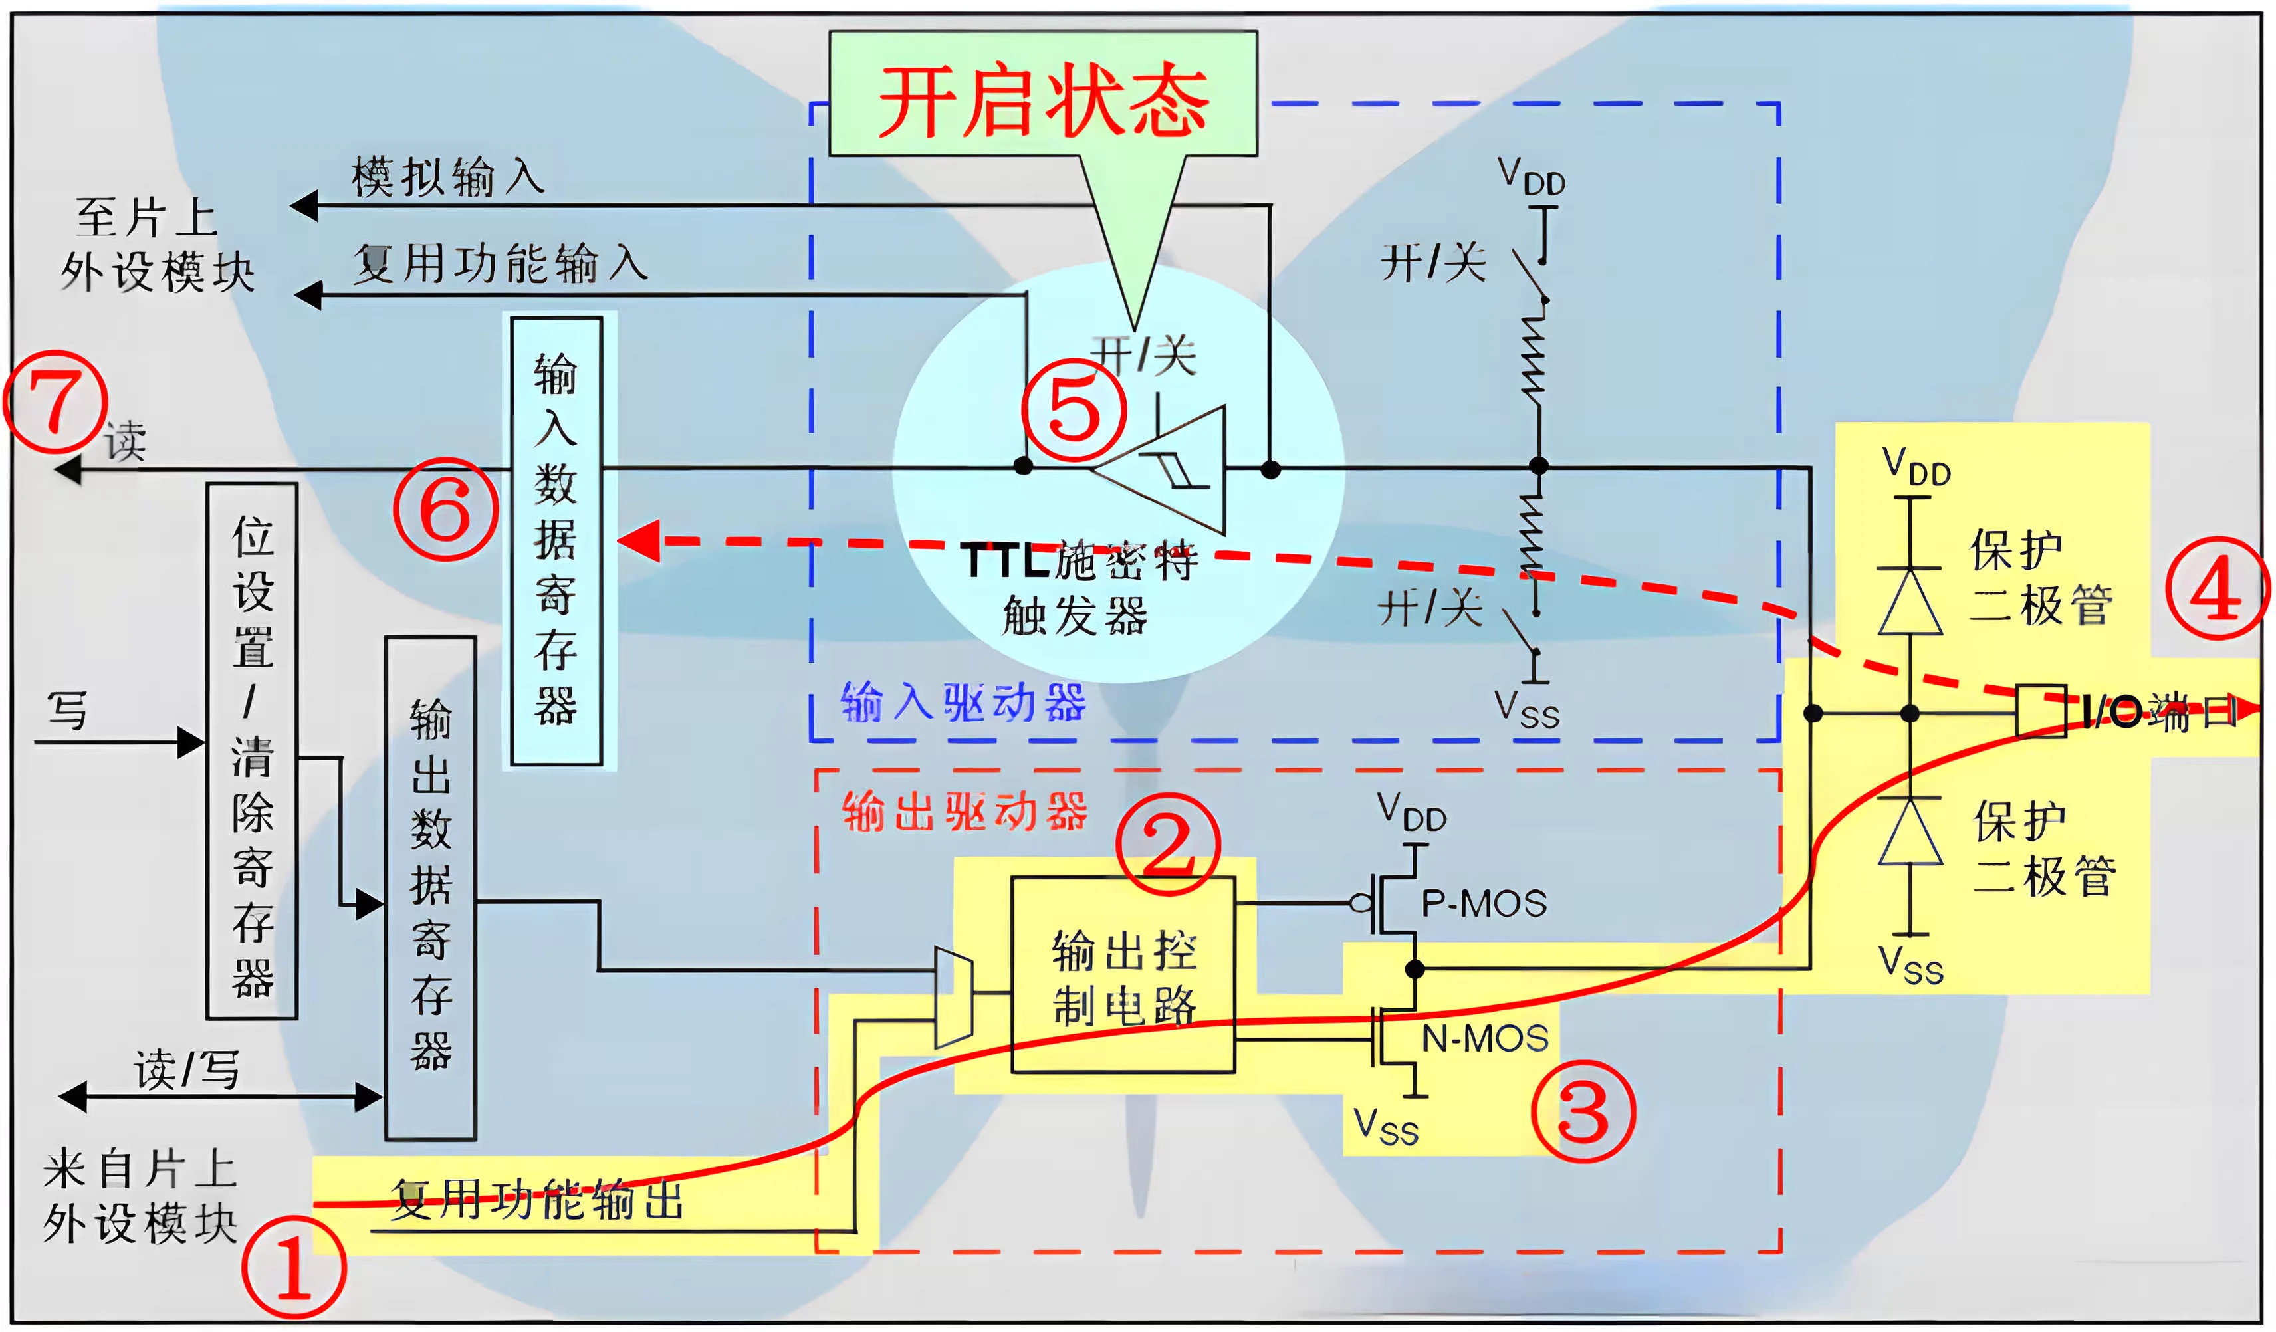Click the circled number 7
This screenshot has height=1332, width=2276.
tap(56, 403)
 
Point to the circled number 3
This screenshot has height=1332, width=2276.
tap(1583, 1111)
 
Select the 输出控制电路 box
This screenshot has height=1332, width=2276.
tap(1123, 975)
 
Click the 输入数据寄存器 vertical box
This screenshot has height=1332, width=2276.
tap(556, 541)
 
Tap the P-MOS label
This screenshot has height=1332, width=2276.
tap(1484, 903)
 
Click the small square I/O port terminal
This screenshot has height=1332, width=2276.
tap(2040, 712)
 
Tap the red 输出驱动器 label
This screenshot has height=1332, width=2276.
tap(965, 811)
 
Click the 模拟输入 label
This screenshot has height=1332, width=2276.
tap(448, 176)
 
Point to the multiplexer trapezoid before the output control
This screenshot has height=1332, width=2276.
tap(953, 997)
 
